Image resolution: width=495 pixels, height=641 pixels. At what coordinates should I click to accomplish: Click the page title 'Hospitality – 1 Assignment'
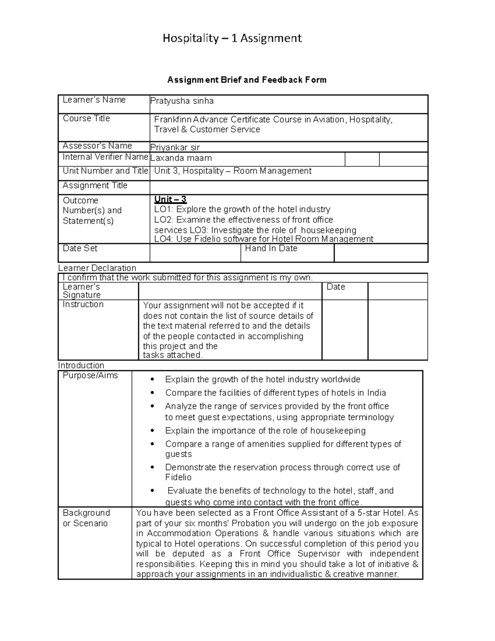tap(232, 38)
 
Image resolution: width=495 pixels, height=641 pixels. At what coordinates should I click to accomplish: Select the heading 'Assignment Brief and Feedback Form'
tap(247, 80)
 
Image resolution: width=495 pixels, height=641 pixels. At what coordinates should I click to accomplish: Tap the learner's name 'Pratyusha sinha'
tap(182, 101)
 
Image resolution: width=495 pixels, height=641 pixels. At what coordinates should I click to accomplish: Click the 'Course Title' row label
tap(86, 118)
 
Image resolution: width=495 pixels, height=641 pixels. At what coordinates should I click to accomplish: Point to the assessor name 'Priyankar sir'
tap(175, 147)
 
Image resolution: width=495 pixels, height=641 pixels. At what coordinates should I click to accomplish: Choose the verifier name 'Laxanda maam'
tap(181, 158)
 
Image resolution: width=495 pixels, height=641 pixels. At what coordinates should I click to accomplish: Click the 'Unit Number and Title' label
tap(105, 171)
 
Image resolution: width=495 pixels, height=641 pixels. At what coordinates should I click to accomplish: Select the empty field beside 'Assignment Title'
tap(288, 187)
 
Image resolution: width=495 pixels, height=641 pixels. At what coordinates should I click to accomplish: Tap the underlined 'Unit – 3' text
tap(170, 200)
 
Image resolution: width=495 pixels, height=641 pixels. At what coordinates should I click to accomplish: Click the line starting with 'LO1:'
tap(242, 209)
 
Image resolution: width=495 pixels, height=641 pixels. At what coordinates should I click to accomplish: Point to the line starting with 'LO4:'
tap(264, 239)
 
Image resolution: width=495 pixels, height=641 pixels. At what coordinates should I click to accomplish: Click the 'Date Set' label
tap(80, 248)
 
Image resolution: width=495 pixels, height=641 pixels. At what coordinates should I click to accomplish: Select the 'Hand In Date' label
tap(271, 248)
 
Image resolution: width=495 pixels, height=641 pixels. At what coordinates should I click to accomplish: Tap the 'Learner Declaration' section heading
tap(97, 268)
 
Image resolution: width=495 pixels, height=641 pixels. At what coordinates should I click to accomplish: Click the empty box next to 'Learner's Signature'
tap(230, 291)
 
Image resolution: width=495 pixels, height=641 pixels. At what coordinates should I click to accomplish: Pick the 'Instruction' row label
tap(83, 305)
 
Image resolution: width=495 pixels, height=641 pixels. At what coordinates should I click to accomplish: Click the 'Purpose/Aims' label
tap(90, 376)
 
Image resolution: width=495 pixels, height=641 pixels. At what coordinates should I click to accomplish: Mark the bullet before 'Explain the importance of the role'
tap(153, 431)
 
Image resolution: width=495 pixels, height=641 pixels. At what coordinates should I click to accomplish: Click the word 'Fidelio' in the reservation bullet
tap(178, 478)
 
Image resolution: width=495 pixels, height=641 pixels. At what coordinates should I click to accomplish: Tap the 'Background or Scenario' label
tap(86, 518)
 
